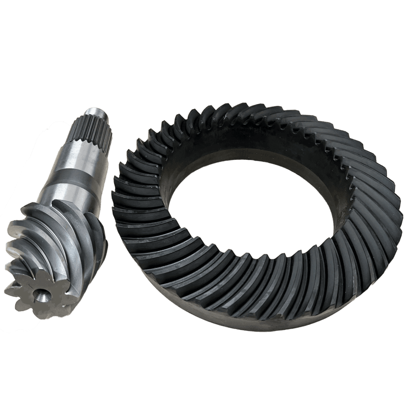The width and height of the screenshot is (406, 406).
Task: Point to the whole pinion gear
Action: pos(61,213)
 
